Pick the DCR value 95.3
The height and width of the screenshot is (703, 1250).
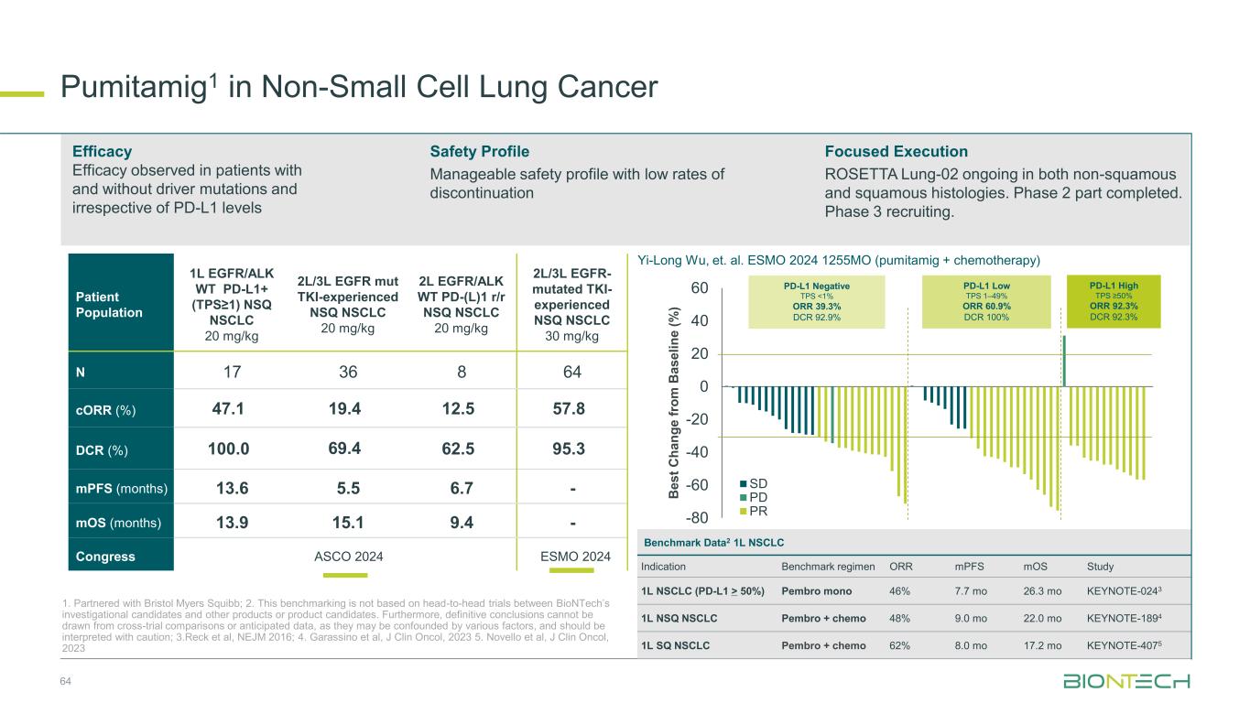click(x=573, y=449)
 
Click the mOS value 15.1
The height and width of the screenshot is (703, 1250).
click(x=348, y=523)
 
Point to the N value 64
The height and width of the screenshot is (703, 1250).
click(x=573, y=373)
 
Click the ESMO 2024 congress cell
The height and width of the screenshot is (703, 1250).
click(x=573, y=556)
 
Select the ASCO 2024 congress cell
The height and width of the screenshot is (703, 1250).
click(x=348, y=556)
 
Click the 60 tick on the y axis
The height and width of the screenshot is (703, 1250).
click(x=701, y=288)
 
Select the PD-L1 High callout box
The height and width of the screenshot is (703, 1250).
click(x=1114, y=301)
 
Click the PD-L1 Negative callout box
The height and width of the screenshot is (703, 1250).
click(x=817, y=301)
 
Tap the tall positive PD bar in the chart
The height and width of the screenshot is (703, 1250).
click(x=1063, y=362)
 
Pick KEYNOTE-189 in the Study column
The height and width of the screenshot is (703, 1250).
click(x=1124, y=617)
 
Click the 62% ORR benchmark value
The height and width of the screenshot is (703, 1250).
click(x=900, y=645)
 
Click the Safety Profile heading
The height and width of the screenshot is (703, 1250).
click(x=479, y=151)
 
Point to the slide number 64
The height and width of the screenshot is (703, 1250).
click(x=65, y=681)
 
